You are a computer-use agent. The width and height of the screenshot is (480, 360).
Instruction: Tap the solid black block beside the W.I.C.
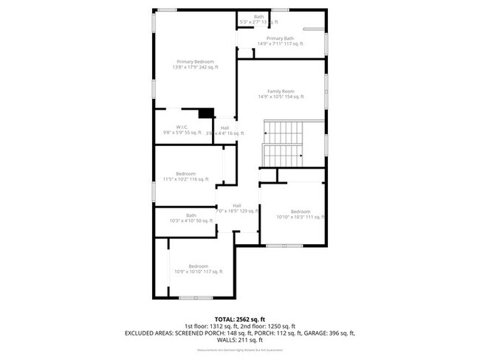coord(206,113)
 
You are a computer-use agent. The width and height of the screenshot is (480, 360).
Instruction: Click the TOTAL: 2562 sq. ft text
coord(239,319)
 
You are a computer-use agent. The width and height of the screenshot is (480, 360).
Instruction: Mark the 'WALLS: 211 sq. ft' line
coord(239,341)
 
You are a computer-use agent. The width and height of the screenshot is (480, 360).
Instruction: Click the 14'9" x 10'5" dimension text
coord(280,97)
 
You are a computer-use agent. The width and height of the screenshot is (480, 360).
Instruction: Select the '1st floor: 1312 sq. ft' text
coord(210,326)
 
